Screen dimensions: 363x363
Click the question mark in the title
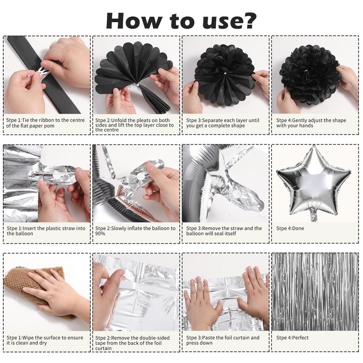tap(248, 21)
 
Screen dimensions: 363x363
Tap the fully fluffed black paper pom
tap(310, 74)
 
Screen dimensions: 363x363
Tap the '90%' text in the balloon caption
tap(100, 234)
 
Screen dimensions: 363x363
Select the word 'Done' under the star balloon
tap(298, 228)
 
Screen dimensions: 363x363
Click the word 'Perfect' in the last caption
tap(300, 338)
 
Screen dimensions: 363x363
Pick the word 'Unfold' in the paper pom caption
tap(118, 120)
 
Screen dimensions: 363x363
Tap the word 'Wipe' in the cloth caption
tap(28, 338)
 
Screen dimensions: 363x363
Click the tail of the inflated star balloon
tap(314, 214)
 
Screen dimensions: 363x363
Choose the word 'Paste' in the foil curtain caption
tap(209, 338)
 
